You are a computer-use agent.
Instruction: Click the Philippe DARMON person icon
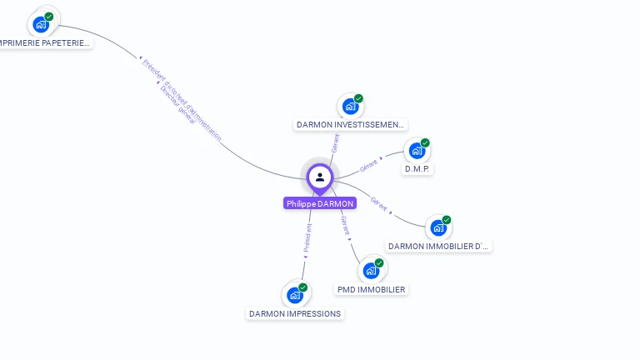click(319, 177)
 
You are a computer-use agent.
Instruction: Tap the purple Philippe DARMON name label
click(320, 203)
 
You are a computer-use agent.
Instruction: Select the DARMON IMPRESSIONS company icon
click(294, 295)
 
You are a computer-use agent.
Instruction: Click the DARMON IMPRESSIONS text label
click(295, 314)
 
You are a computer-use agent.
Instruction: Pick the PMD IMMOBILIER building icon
click(371, 271)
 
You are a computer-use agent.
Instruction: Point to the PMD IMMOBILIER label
click(372, 290)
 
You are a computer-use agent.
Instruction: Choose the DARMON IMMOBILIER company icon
click(438, 227)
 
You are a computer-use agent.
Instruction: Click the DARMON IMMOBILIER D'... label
click(439, 246)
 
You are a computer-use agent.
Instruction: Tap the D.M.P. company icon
click(416, 151)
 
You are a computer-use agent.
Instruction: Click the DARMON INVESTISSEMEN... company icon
click(350, 107)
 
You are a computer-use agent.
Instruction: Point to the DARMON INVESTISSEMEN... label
click(351, 125)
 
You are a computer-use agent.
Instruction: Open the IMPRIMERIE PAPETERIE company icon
click(41, 24)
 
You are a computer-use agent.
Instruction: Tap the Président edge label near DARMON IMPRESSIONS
click(307, 237)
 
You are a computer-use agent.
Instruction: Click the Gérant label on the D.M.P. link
click(368, 165)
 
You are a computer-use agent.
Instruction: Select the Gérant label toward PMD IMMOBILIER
click(345, 224)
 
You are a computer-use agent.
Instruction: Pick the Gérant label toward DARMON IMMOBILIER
click(378, 203)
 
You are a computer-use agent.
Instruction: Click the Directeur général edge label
click(177, 105)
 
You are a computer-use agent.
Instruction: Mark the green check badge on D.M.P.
click(425, 142)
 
